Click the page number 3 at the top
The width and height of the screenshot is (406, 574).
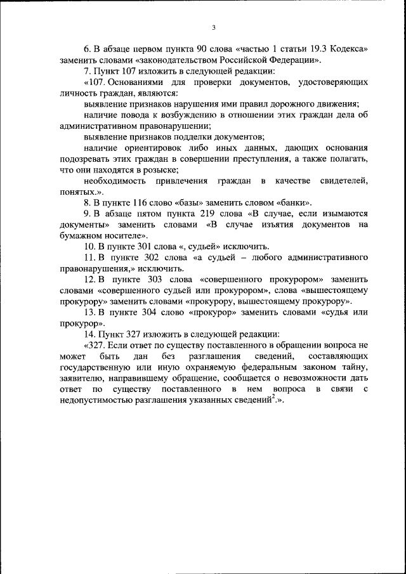pos(214,27)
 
